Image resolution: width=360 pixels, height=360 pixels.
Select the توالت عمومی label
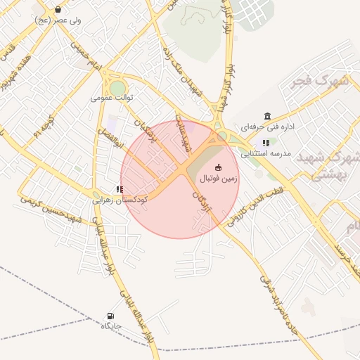(112, 98)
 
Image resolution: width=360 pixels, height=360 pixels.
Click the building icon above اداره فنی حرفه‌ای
(267, 116)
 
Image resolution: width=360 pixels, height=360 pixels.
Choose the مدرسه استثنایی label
(266, 153)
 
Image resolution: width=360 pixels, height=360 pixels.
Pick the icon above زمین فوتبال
(218, 167)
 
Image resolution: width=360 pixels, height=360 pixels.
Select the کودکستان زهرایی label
(120, 200)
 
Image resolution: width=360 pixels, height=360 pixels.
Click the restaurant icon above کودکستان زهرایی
(120, 189)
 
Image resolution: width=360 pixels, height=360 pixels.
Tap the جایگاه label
(111, 326)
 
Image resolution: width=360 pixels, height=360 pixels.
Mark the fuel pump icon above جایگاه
(110, 316)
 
